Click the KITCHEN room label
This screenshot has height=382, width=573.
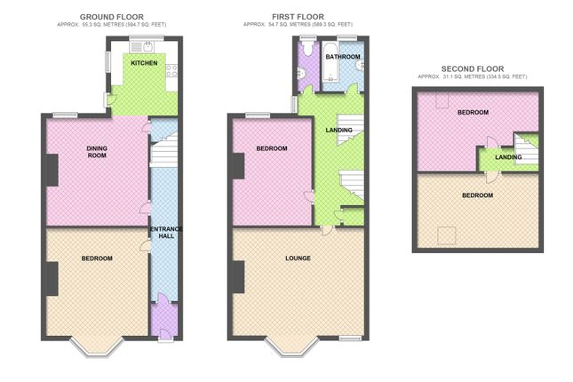point(144,64)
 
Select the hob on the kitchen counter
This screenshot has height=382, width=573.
point(173,71)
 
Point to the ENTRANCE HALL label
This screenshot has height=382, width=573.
point(165,233)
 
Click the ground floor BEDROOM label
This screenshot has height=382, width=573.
point(96,259)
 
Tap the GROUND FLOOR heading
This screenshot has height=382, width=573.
point(112,17)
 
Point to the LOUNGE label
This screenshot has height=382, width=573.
point(298,259)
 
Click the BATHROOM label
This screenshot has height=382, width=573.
point(342,57)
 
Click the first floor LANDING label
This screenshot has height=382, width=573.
point(338,131)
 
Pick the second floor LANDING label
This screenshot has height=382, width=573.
point(508,157)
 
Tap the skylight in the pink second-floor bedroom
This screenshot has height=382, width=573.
point(441,99)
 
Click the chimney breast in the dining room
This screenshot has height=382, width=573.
point(52,170)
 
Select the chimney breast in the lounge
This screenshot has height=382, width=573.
point(237,277)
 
